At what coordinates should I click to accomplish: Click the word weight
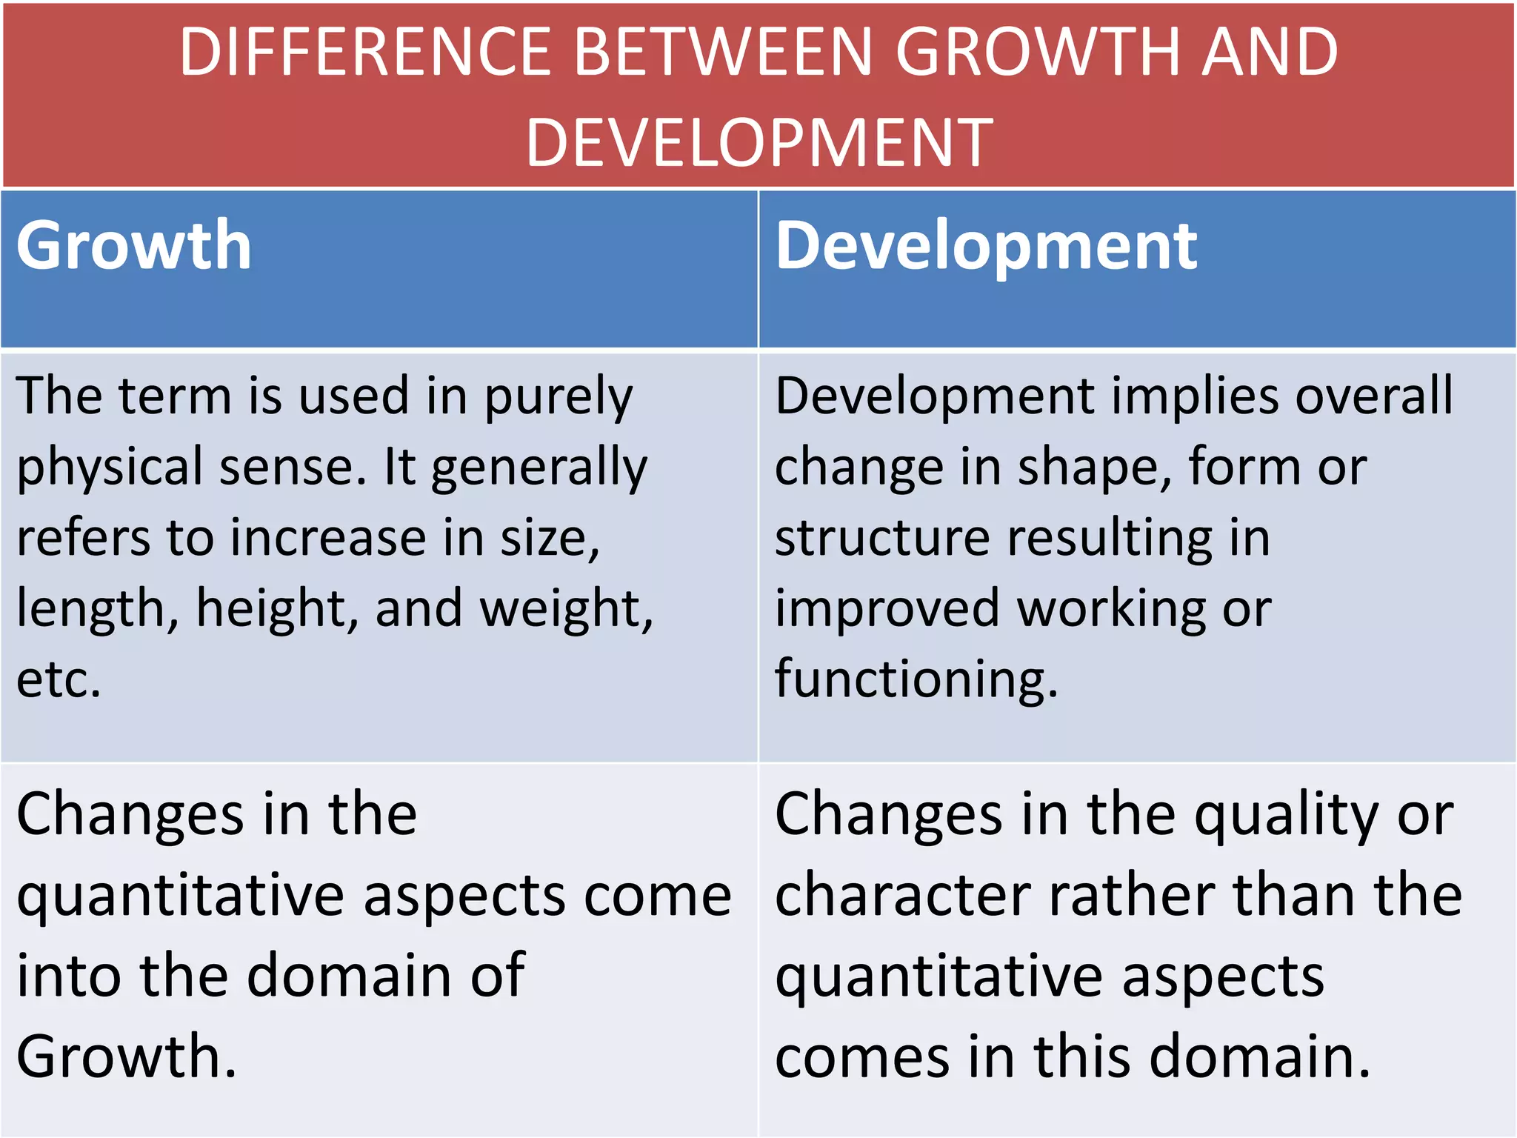pyautogui.click(x=567, y=609)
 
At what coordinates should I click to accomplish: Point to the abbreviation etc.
pyautogui.click(x=59, y=679)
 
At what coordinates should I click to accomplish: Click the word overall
pyautogui.click(x=1375, y=396)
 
